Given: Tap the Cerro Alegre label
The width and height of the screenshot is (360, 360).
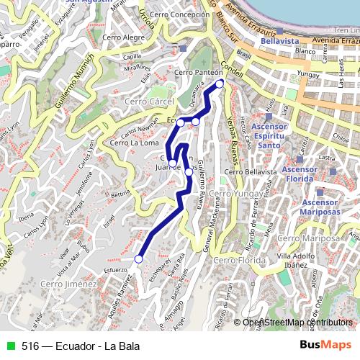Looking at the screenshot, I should click(123, 37).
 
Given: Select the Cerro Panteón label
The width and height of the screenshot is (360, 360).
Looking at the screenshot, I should click(193, 73).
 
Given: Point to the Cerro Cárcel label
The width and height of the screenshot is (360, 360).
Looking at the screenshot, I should click(150, 102).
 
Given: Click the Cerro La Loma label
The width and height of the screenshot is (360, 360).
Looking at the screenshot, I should click(135, 143).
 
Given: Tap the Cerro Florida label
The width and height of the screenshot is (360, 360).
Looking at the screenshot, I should click(235, 259).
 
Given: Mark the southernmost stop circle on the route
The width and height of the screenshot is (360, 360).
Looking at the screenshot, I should click(138, 259).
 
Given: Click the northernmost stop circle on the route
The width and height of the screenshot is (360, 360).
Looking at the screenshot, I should click(220, 83).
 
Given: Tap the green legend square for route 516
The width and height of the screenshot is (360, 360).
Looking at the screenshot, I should click(9, 346).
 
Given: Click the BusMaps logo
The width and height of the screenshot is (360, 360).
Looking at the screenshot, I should click(325, 345).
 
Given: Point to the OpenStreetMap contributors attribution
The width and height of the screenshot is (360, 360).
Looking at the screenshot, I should click(297, 322).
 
